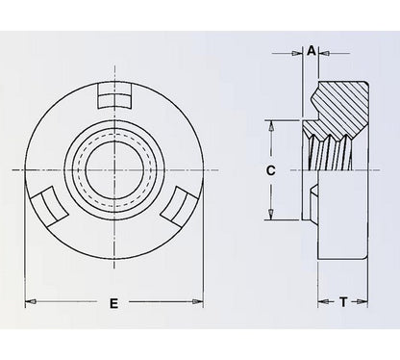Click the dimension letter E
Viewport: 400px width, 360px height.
point(113,304)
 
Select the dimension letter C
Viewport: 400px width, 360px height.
point(272,170)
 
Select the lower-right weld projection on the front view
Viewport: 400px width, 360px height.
point(179,205)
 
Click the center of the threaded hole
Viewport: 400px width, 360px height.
point(113,170)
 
